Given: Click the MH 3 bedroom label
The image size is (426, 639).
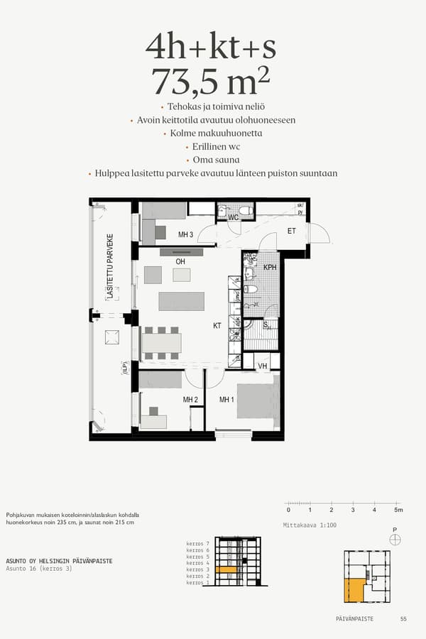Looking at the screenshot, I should coord(186,234).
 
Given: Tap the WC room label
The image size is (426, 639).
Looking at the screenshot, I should coord(233,217).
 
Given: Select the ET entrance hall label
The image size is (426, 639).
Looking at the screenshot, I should coord(291,231).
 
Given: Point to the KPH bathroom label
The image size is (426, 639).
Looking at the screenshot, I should coord(270,267).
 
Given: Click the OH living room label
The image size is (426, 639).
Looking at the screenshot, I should coord(180,262).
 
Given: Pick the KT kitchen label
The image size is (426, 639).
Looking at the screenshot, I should coord(218,327).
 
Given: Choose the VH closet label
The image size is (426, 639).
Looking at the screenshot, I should coord(262,366).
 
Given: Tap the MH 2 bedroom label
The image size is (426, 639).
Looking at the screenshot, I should coord(190,400).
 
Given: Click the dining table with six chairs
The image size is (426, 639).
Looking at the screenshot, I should coord(162,343).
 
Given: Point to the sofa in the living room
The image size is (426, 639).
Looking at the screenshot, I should coord(181,301).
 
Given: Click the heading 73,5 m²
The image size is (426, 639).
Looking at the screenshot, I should coord(211,82).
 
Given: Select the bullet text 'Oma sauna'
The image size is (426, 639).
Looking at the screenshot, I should coord(211,160).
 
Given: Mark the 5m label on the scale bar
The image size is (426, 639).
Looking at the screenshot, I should coord(398,510).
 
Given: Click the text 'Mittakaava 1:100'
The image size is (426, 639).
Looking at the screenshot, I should coord(309,525).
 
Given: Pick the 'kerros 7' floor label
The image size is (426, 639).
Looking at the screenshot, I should coord(198,543).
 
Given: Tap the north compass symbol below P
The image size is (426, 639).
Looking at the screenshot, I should coord(395,540).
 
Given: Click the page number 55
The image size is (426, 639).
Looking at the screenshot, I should coord(403,619).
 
